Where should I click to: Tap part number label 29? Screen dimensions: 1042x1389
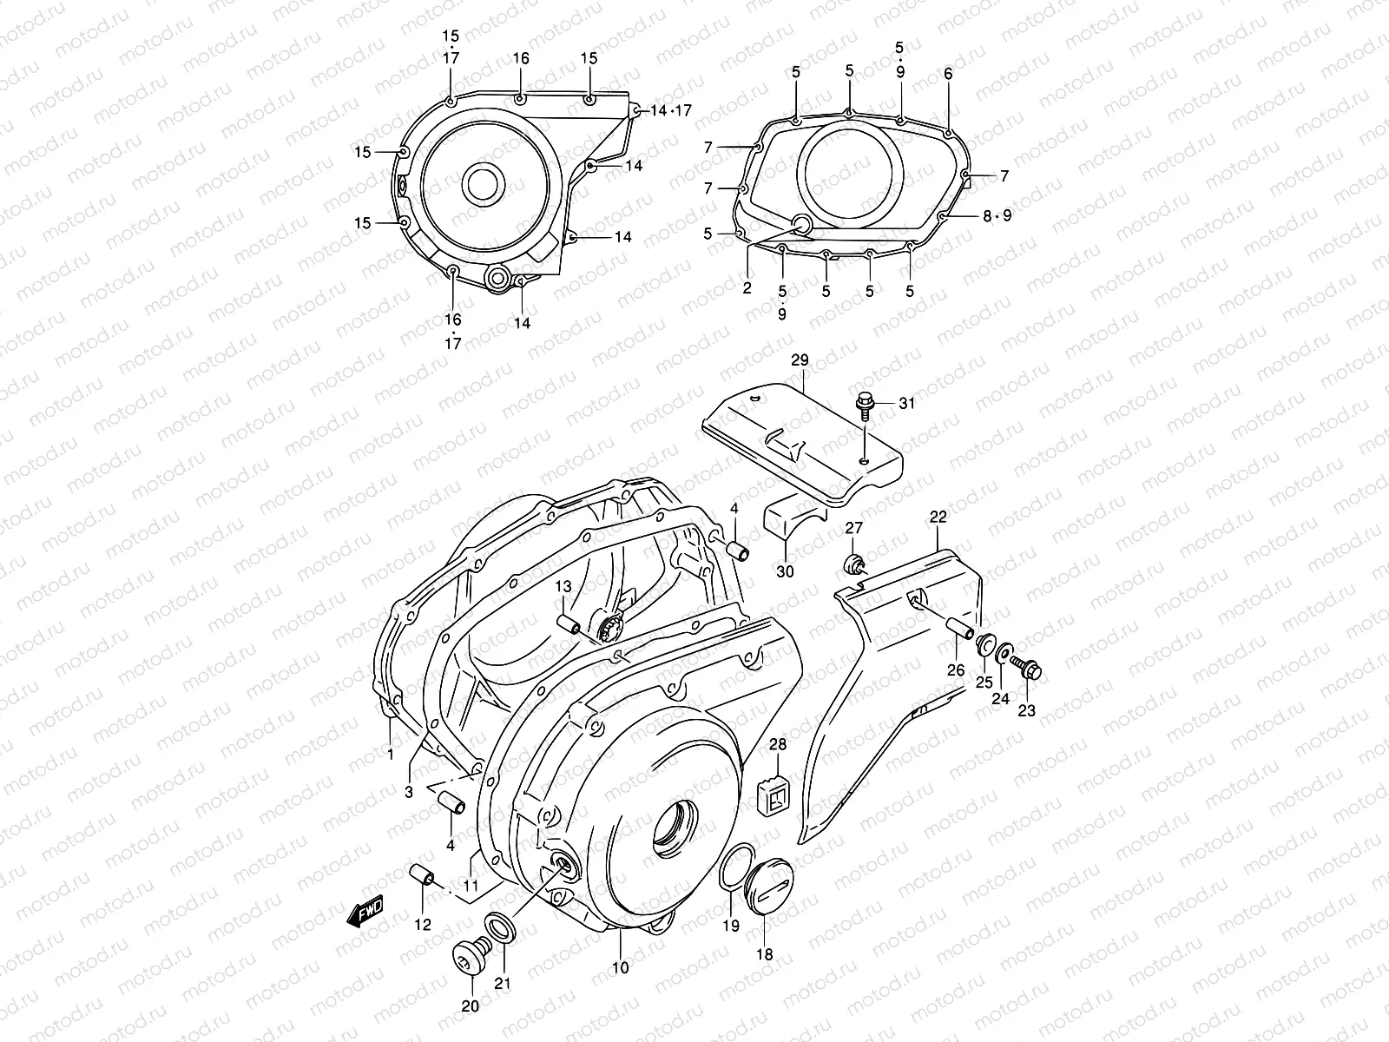click(800, 359)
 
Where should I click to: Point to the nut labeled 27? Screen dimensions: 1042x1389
click(854, 564)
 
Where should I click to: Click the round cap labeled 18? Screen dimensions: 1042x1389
click(764, 885)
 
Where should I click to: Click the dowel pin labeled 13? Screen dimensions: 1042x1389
click(569, 623)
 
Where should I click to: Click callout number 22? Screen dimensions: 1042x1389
click(938, 517)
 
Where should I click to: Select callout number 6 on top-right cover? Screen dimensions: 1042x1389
click(948, 75)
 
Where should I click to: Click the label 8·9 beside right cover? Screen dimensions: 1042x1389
click(997, 215)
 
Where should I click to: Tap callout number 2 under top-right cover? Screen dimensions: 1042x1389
click(747, 287)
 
